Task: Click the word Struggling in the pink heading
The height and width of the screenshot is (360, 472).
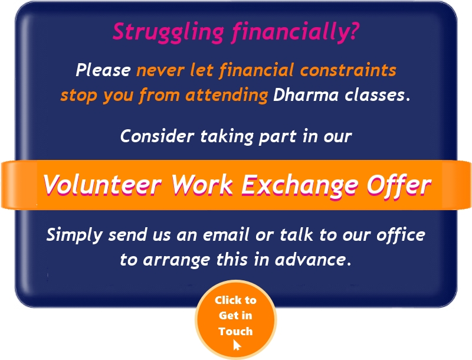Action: pos(168,32)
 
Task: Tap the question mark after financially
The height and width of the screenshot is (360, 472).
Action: pos(354,31)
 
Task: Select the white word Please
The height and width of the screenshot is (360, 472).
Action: pos(103,70)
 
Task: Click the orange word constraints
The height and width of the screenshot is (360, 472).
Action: pos(348,70)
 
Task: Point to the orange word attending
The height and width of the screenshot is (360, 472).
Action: pos(227,95)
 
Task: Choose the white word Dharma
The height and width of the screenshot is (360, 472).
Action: pos(306,95)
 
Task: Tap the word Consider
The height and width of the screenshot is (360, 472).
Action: pos(157,136)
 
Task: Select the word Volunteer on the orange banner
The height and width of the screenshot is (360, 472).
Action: pos(102,185)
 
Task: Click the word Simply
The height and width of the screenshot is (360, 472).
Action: pos(74,235)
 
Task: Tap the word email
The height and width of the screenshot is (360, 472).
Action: pos(226,234)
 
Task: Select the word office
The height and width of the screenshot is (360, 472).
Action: pos(401,234)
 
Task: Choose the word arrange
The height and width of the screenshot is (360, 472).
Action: pos(176,260)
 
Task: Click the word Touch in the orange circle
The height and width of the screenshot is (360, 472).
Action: pos(235,331)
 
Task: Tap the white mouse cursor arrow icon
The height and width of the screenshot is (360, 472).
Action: pos(237,345)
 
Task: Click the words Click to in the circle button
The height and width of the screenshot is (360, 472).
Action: pos(235,300)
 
